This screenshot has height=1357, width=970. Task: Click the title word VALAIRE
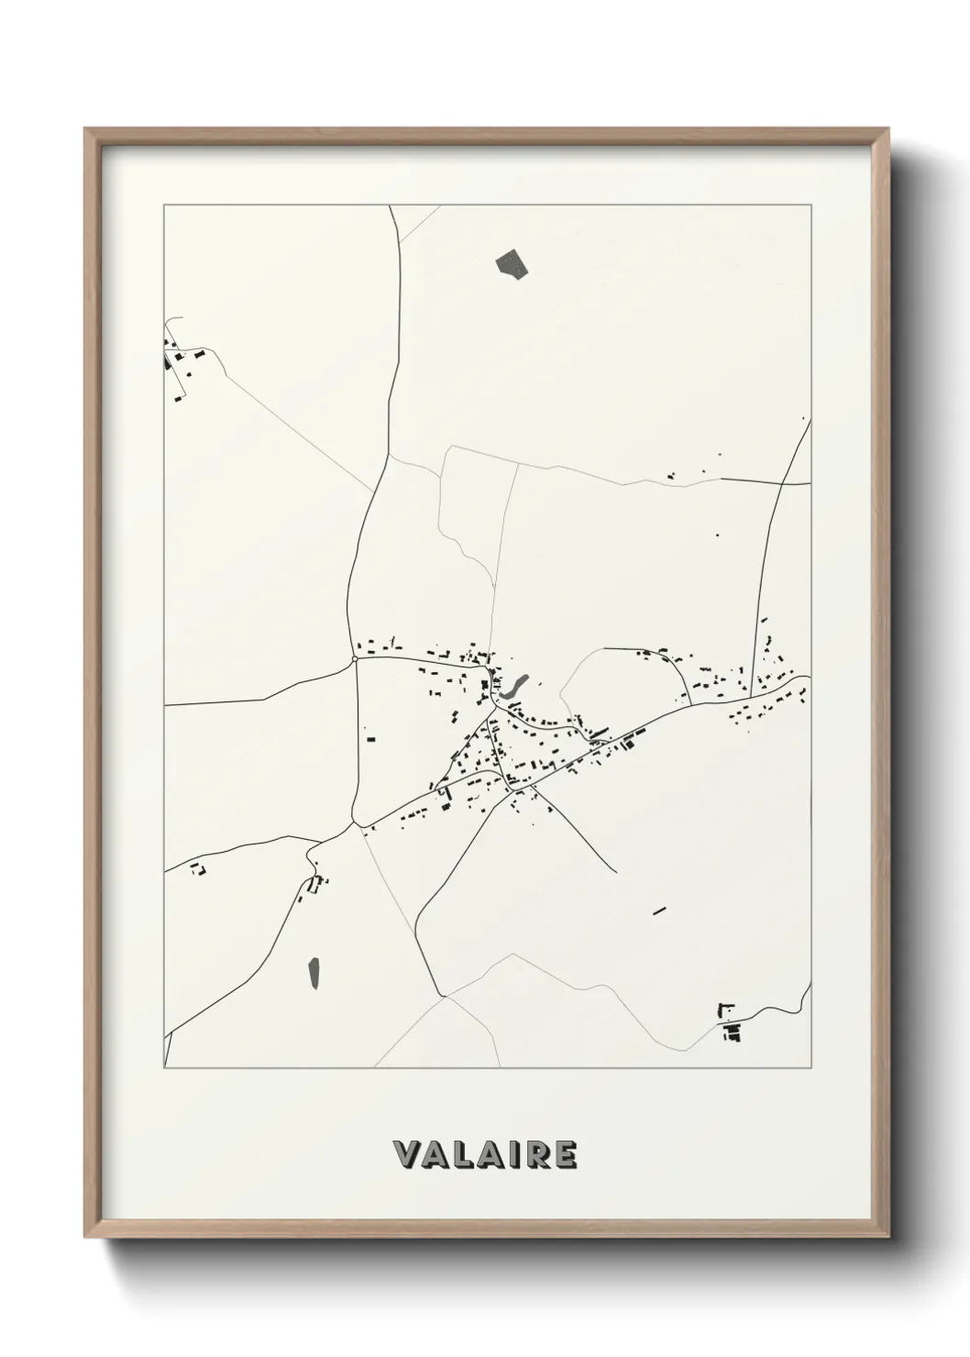coord(485,1154)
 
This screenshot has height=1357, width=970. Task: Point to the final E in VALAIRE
coord(566,1154)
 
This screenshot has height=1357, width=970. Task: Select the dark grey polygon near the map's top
coord(513,263)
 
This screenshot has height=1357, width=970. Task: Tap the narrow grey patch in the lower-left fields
coord(314,973)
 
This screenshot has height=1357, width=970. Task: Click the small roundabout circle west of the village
coord(355,658)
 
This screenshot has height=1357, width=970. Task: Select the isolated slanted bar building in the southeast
coord(658,910)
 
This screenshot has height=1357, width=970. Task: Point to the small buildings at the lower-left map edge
coord(195,868)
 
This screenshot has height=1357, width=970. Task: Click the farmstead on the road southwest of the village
coord(317,884)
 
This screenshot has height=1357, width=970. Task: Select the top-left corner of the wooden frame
coord(88,131)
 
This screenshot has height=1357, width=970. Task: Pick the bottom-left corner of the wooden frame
coord(88,1236)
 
